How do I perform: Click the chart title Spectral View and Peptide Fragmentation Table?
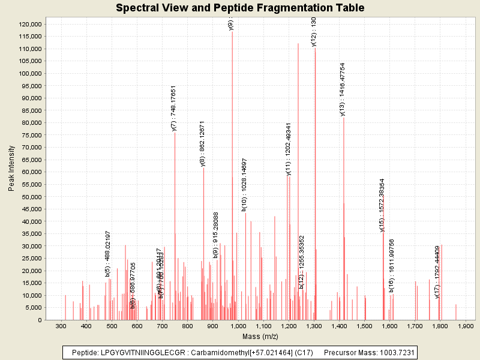240,8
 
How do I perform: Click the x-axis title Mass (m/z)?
260,338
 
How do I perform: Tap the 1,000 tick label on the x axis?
238,326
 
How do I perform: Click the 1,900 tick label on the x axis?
466,326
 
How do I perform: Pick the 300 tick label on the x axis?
61,326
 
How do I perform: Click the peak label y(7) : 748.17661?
174,108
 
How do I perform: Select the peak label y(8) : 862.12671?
203,144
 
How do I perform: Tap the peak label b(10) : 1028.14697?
244,185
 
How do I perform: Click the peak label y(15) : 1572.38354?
382,205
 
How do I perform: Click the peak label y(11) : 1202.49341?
289,149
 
